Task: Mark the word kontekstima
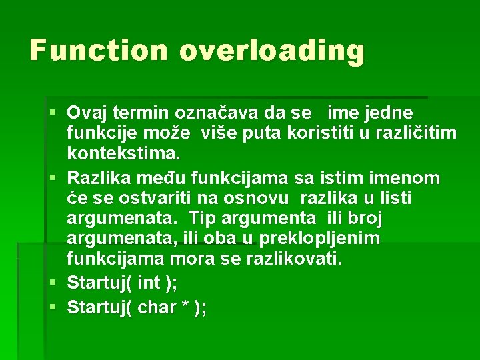(x=123, y=154)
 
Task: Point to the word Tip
(x=201, y=218)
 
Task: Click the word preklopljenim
(x=313, y=239)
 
